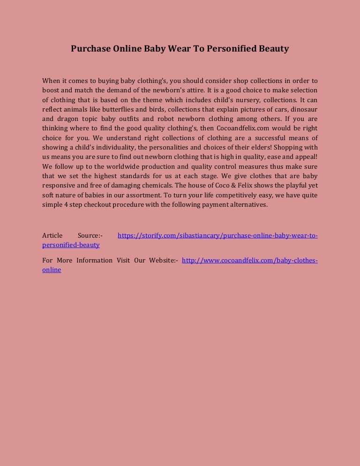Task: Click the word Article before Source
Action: (x=52, y=235)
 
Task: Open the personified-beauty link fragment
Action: (x=71, y=245)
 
